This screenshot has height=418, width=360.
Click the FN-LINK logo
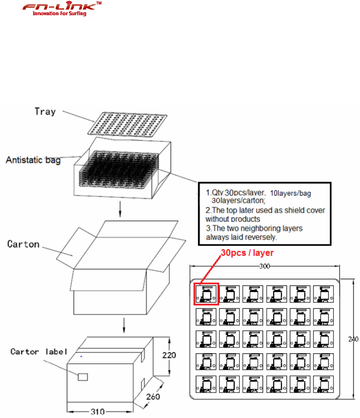point(62,7)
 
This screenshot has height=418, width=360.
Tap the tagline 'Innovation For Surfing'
point(59,14)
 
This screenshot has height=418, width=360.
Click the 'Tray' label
point(45,111)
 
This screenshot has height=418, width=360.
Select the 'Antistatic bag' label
point(33,160)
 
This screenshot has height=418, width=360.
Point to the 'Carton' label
point(24,244)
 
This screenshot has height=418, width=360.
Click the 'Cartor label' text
point(39,352)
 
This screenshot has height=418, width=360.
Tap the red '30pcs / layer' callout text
point(247,253)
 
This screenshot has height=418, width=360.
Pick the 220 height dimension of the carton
point(169,355)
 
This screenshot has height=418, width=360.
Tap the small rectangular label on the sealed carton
point(82,377)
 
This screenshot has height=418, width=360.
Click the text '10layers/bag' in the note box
point(290,194)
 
